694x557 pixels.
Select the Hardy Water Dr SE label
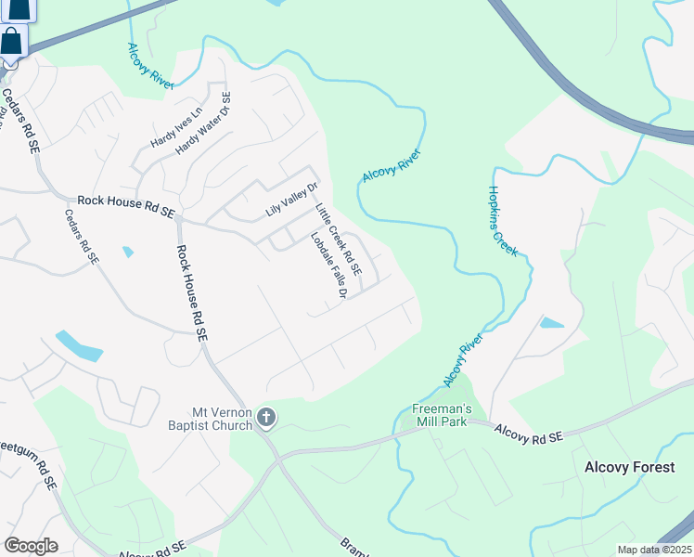[x=203, y=123]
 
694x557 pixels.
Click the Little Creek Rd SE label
[x=337, y=244]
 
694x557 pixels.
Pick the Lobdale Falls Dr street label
[x=328, y=266]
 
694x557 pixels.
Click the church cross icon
[x=266, y=418]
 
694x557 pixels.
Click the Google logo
[x=31, y=545]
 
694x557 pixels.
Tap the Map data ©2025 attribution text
[x=653, y=550]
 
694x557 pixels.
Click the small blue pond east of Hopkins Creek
[x=551, y=323]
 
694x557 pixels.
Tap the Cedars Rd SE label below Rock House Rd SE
[x=81, y=237]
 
